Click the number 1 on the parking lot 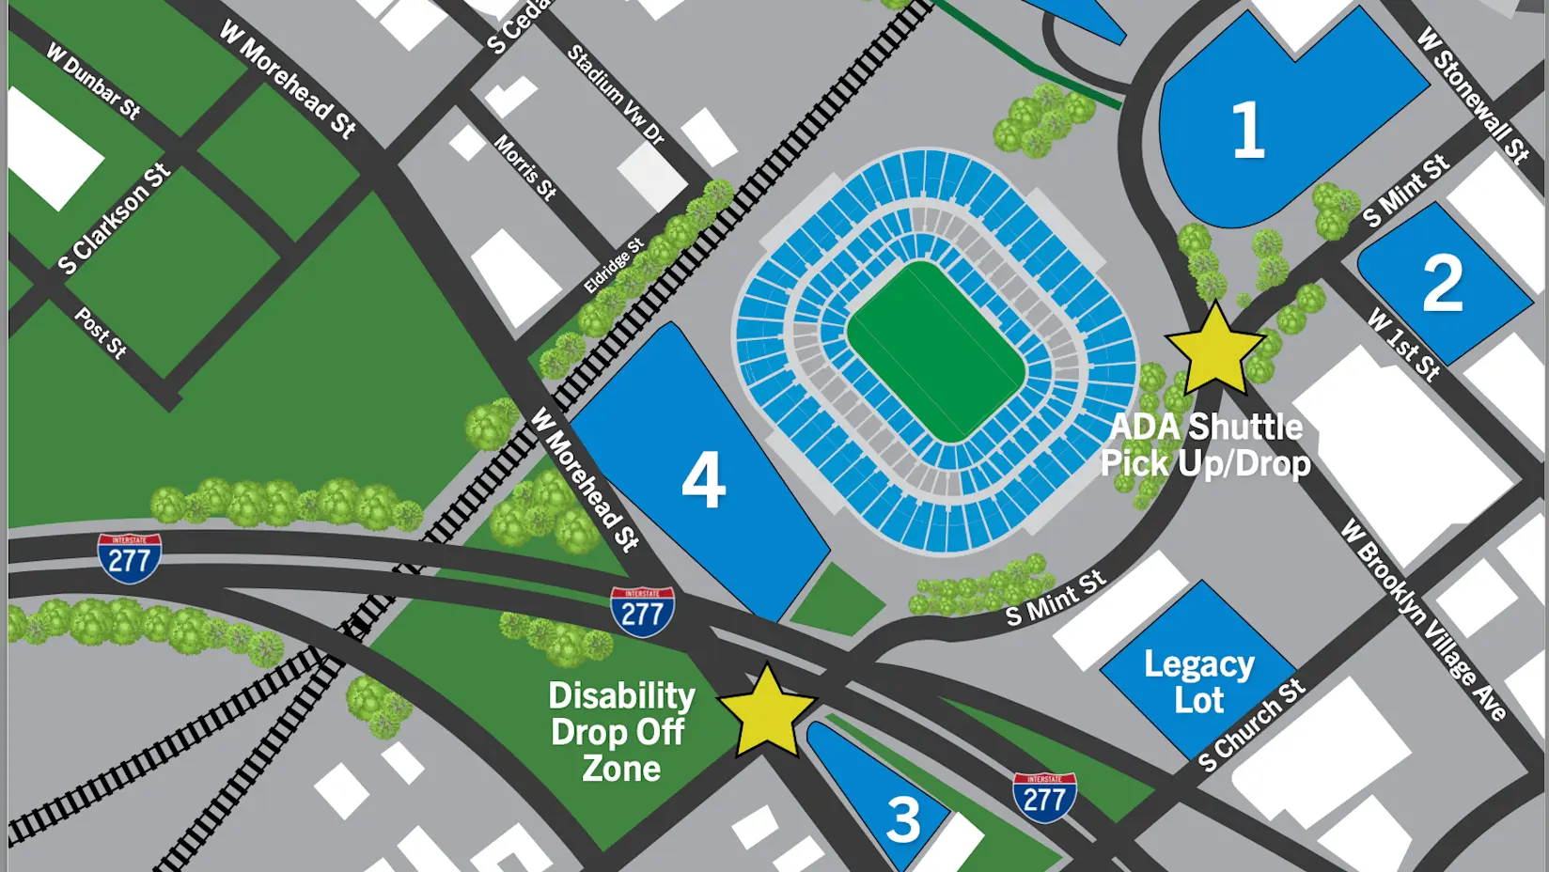coord(1247,131)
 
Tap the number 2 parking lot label coord(1442,283)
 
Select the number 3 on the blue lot coord(903,819)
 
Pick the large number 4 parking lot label coord(703,480)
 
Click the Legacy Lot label coord(1198,682)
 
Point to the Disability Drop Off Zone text coord(621,732)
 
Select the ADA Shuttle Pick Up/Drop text coord(1207,445)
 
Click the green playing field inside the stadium coord(935,351)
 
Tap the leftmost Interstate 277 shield coord(129,558)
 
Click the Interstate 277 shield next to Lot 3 coord(1044,798)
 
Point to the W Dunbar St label coord(93,82)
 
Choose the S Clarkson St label coord(114,219)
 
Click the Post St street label coord(101,333)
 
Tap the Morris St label coord(525,167)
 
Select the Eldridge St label coord(614,265)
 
